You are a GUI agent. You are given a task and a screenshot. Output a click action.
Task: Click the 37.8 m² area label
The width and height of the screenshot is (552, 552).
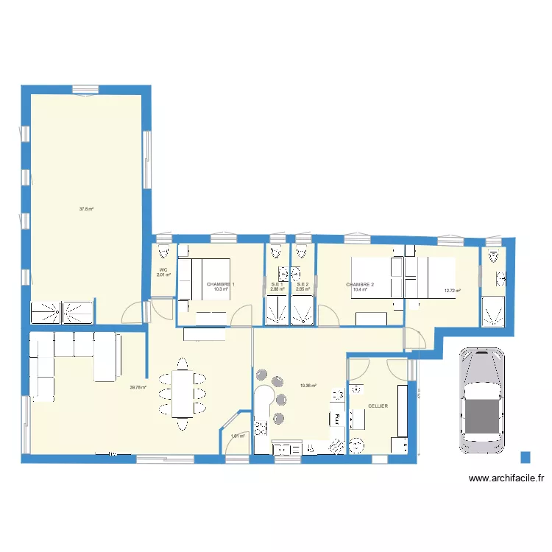[86, 209]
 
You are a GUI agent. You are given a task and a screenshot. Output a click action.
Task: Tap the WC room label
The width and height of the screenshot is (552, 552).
[163, 270]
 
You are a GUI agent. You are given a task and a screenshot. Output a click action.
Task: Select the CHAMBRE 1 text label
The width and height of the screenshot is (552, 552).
[221, 284]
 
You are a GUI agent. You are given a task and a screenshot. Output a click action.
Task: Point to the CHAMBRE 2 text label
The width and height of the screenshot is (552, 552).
[360, 285]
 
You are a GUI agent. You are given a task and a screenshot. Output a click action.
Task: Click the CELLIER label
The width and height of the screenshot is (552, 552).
[378, 406]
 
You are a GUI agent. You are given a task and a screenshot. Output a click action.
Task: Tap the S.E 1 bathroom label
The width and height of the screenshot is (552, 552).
[277, 284]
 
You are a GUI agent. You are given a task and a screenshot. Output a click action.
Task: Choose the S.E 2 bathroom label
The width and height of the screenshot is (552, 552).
[302, 284]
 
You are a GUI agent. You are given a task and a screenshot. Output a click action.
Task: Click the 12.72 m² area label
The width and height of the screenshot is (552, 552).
[452, 291]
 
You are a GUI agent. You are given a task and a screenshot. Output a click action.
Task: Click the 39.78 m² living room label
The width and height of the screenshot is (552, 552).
[138, 388]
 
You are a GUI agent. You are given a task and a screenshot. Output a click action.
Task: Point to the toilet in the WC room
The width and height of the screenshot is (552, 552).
[163, 252]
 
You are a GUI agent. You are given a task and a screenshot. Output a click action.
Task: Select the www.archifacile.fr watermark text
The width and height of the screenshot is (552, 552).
[506, 478]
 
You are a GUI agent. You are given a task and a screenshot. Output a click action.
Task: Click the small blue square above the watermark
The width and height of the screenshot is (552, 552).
[526, 457]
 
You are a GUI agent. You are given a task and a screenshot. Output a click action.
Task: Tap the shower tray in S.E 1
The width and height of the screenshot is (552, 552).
[277, 314]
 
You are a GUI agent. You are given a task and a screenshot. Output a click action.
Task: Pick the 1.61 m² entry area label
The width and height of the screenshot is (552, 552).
[237, 436]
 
